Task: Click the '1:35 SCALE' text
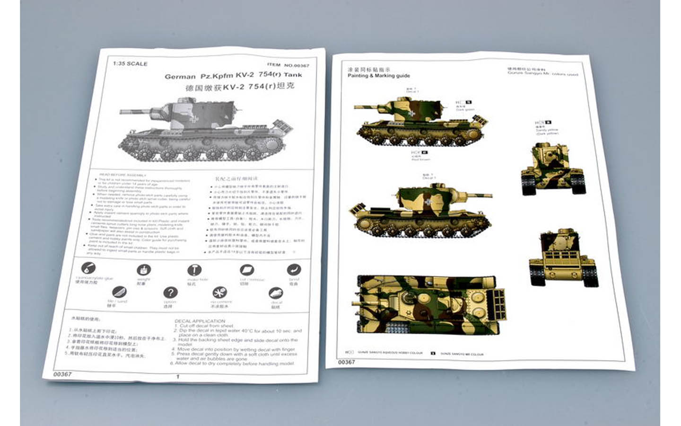[x=130, y=63]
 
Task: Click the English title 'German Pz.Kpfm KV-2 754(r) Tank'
[x=233, y=75]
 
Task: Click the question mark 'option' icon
[x=170, y=293]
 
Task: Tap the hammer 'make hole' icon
[x=194, y=270]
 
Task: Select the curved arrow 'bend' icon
[x=294, y=270]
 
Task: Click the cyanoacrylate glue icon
[x=88, y=269]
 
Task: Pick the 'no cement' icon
[x=219, y=293]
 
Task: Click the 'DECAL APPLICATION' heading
[x=200, y=321]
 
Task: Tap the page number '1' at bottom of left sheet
[x=178, y=377]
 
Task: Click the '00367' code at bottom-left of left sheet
[x=62, y=374]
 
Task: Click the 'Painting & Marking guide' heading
[x=378, y=76]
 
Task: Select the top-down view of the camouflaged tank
[x=428, y=304]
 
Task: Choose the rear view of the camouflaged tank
[x=563, y=258]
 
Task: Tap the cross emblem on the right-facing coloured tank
[x=428, y=202]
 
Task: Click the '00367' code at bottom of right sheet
[x=346, y=362]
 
